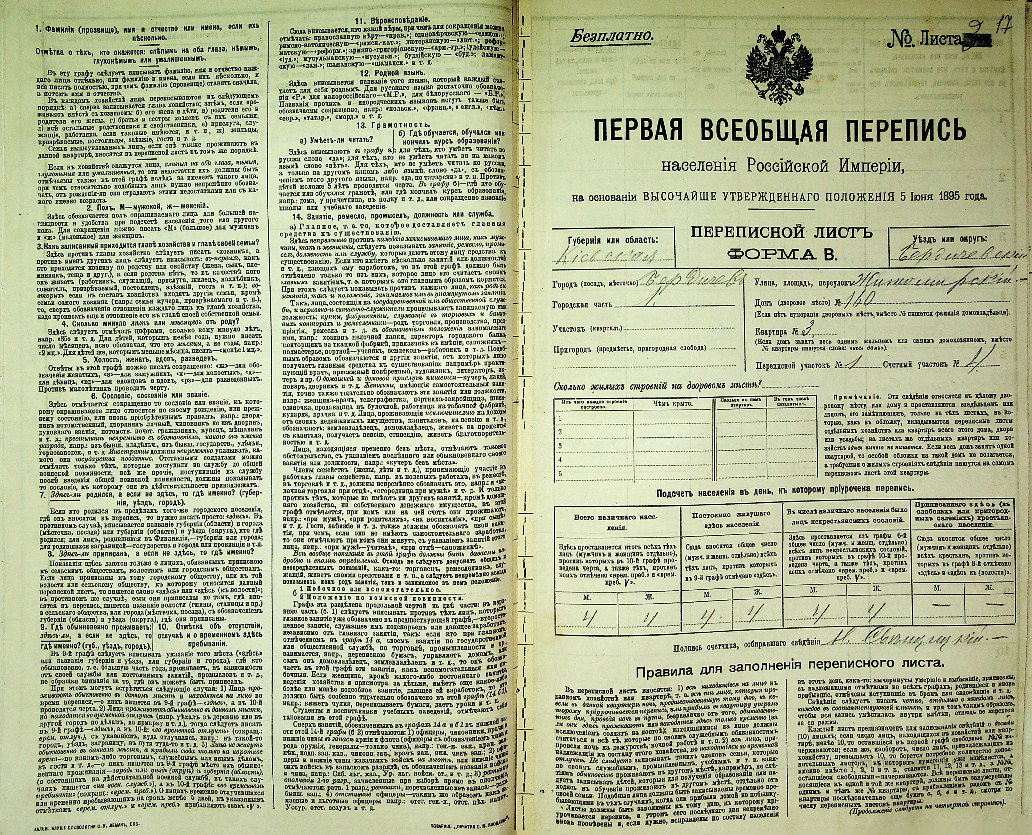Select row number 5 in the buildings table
coord(560,474)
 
